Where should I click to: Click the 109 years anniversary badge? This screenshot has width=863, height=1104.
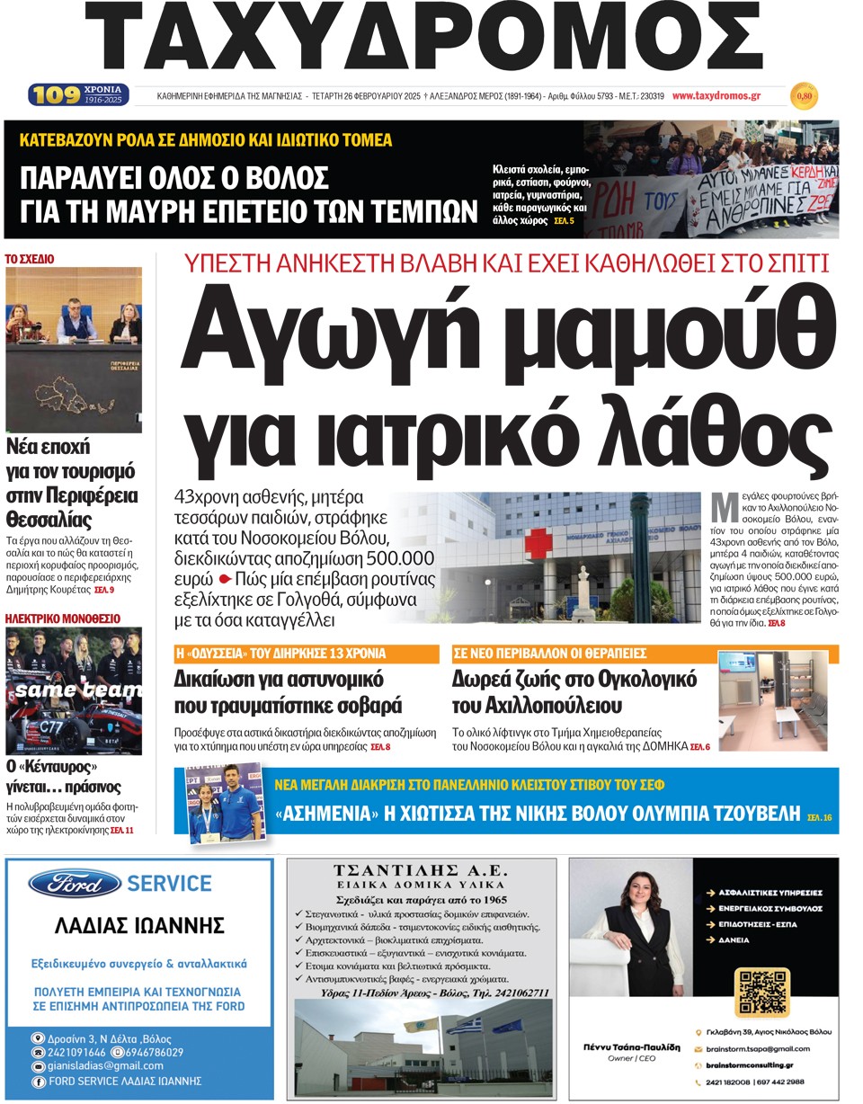click(77, 94)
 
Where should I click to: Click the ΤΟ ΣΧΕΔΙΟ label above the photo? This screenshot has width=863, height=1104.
click(30, 259)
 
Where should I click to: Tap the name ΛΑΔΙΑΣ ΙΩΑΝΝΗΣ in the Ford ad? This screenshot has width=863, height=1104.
click(139, 926)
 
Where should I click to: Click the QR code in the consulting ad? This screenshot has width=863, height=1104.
click(761, 993)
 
